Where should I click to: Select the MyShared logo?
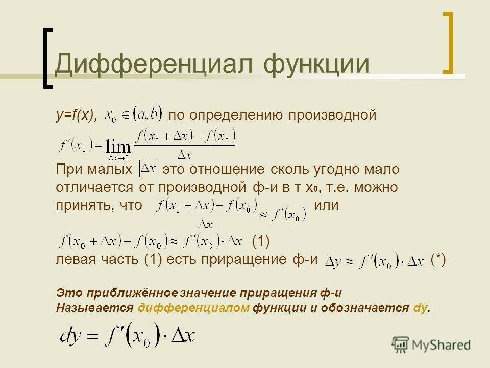(x=431, y=345)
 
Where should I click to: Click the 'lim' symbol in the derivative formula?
(x=118, y=146)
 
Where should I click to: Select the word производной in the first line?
(x=332, y=115)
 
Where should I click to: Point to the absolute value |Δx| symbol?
(x=148, y=169)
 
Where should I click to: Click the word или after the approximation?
(x=326, y=205)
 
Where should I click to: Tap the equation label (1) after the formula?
(x=261, y=241)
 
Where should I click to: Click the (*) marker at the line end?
(x=438, y=260)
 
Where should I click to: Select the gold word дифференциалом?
(x=193, y=308)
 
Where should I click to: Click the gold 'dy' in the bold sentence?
(x=420, y=308)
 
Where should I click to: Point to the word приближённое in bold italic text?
(x=132, y=293)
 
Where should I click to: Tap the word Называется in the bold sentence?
(x=95, y=308)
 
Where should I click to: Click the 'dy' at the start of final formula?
(x=70, y=336)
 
